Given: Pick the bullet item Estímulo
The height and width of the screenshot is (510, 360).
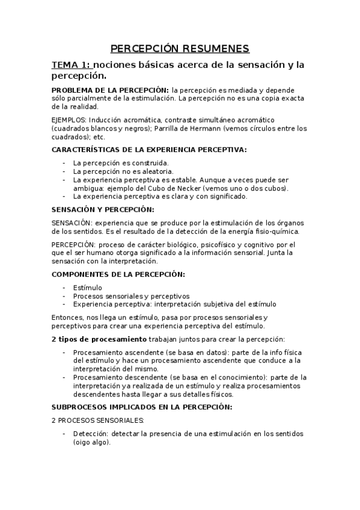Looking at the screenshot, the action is tap(88, 287).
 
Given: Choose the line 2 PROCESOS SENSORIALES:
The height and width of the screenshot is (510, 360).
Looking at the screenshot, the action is tap(98, 420).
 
